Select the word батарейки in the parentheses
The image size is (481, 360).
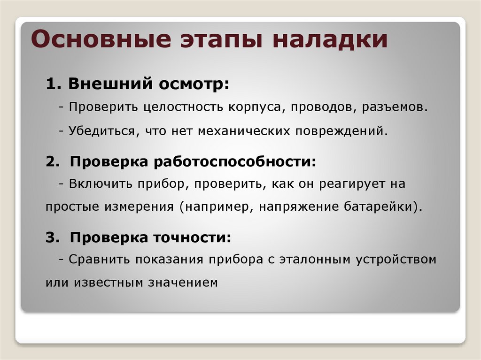(x=380, y=207)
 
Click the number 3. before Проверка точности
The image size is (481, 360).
(x=52, y=237)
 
